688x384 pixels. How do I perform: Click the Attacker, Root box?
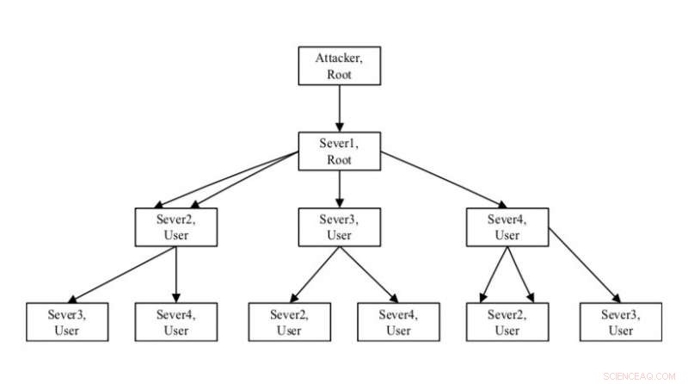339,66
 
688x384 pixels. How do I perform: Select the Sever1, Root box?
339,152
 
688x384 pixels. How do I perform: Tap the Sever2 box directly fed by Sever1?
175,226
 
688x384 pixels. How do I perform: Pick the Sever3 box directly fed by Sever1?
339,226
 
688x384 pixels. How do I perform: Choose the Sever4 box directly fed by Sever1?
507,226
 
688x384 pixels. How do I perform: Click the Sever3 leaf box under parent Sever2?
67,321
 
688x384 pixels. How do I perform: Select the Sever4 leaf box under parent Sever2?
175,321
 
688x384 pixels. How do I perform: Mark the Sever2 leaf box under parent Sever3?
289,321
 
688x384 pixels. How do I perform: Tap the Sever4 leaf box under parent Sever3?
398,321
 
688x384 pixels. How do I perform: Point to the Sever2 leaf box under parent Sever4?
507,321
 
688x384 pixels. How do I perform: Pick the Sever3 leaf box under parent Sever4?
620,321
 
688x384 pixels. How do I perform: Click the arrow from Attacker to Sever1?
339,108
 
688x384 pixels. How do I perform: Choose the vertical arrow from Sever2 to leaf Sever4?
175,274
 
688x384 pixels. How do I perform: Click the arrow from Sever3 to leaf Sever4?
370,274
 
